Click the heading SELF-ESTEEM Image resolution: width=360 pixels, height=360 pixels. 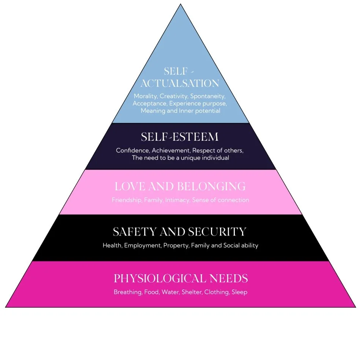click(x=180, y=137)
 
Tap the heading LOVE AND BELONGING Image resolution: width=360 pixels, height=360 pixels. click(x=180, y=187)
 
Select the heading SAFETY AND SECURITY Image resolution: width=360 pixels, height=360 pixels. click(x=180, y=232)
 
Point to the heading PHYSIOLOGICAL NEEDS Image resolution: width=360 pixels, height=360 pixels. click(x=181, y=279)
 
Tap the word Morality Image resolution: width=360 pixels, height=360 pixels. click(x=146, y=96)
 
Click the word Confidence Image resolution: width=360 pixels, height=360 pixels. click(x=132, y=151)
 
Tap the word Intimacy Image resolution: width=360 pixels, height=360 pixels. click(x=177, y=200)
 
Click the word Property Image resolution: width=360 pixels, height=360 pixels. click(x=176, y=245)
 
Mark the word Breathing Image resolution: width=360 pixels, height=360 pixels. click(x=128, y=292)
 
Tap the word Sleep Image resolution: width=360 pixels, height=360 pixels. click(x=240, y=292)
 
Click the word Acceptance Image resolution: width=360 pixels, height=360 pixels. click(x=150, y=104)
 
